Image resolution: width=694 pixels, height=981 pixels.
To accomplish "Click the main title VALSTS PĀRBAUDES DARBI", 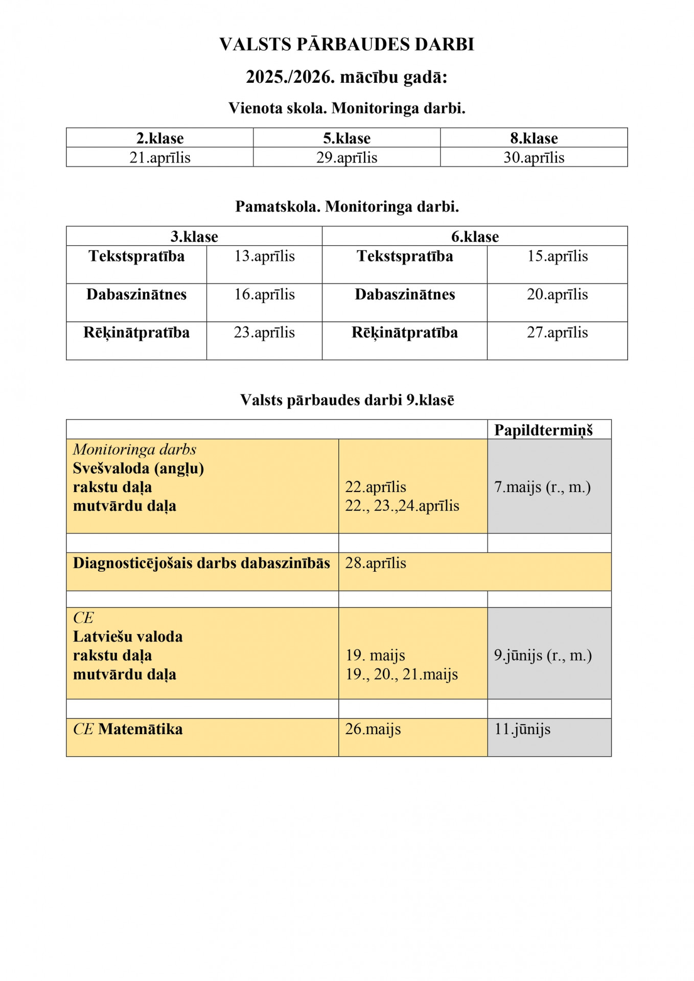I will click(x=346, y=44).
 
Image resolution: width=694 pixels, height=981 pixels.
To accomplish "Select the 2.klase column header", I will click(x=159, y=138).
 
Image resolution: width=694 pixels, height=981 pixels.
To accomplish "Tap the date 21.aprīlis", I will click(x=159, y=157).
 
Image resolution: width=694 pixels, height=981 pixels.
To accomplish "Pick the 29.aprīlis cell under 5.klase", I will click(x=346, y=157).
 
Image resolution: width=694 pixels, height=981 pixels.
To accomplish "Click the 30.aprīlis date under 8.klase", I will click(x=534, y=157).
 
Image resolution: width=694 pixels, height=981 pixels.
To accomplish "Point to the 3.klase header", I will click(x=194, y=237).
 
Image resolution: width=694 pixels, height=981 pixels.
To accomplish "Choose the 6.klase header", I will click(x=475, y=237).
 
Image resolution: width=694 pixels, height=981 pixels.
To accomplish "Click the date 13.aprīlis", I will click(x=264, y=256).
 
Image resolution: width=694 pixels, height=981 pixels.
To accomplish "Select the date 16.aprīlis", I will click(x=264, y=294).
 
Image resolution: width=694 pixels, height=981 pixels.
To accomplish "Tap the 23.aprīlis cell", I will click(x=264, y=333).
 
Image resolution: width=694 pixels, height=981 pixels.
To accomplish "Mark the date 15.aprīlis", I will click(x=557, y=256).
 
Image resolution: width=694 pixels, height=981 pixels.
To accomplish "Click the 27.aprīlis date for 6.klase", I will click(x=557, y=333).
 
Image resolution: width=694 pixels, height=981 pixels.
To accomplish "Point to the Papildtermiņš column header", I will click(x=543, y=430).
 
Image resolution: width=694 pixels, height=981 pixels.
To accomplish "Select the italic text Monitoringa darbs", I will click(x=134, y=450).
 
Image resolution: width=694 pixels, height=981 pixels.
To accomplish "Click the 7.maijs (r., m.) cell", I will click(x=542, y=487).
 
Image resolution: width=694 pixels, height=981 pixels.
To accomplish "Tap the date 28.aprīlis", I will click(x=376, y=563).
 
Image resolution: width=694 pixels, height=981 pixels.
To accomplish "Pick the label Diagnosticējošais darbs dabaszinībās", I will click(x=201, y=563).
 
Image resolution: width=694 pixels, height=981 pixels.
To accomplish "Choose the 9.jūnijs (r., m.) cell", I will click(x=543, y=655).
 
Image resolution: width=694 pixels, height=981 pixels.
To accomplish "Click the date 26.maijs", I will click(x=373, y=729).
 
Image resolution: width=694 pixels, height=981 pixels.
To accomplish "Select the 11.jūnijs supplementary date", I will click(x=522, y=729).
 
